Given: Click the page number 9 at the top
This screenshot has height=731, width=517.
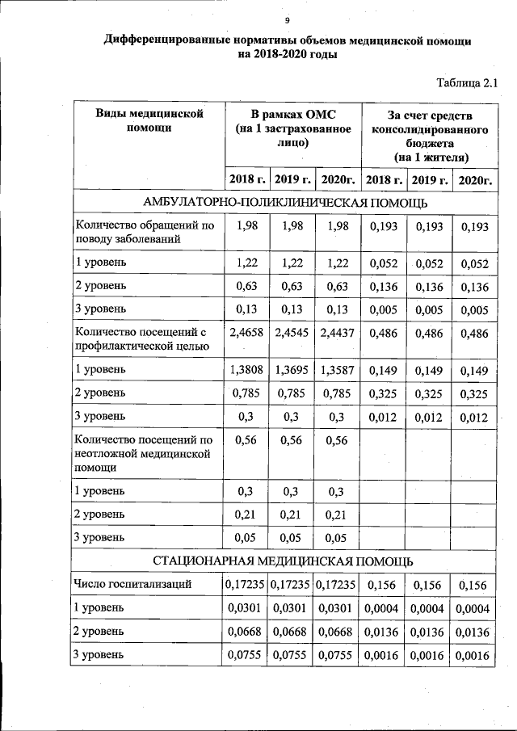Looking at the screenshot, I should pyautogui.click(x=287, y=20).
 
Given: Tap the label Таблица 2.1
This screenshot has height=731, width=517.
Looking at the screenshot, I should pyautogui.click(x=467, y=82).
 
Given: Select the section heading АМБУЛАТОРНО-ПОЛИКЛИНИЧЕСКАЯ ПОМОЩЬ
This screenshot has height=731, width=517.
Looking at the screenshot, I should pyautogui.click(x=284, y=202).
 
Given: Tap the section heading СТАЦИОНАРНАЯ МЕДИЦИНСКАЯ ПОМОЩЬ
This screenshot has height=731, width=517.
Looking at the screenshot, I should pyautogui.click(x=284, y=561).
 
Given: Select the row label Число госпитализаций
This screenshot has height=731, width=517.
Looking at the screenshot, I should pyautogui.click(x=132, y=585).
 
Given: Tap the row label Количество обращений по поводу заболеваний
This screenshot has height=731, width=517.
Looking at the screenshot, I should pyautogui.click(x=144, y=232).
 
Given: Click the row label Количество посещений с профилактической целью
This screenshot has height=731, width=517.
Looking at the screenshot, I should pyautogui.click(x=141, y=338).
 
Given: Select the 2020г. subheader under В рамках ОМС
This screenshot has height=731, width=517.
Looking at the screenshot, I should pyautogui.click(x=338, y=179).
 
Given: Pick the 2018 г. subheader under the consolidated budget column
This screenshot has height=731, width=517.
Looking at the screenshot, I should pyautogui.click(x=384, y=179).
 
